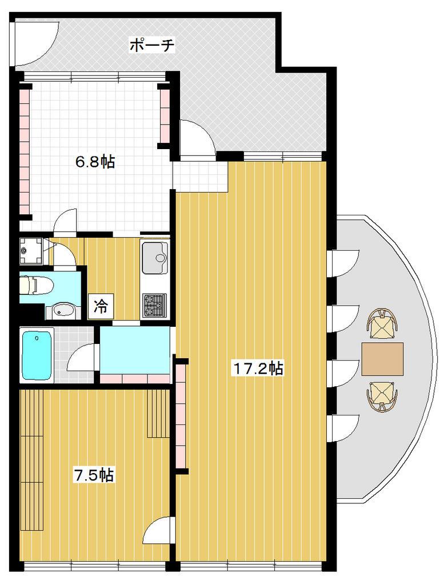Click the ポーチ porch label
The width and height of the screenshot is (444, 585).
(151, 45)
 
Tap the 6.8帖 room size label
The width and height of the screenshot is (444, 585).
(95, 162)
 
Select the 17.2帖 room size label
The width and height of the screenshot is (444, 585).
(258, 368)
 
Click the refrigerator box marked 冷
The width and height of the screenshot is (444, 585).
(101, 306)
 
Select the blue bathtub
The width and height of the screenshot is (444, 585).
(37, 355)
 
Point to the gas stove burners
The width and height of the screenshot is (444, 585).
(154, 305)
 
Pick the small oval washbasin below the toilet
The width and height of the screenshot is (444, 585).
(62, 310)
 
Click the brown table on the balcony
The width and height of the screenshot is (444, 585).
(382, 359)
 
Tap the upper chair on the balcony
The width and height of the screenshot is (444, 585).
(382, 324)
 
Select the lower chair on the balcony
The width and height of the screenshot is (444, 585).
(382, 396)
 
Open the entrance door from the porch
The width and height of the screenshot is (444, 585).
(197, 137)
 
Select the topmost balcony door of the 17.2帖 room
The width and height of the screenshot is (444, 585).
(343, 263)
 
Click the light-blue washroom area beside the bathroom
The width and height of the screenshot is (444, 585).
(135, 350)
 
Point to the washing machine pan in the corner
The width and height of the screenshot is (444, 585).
(31, 251)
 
